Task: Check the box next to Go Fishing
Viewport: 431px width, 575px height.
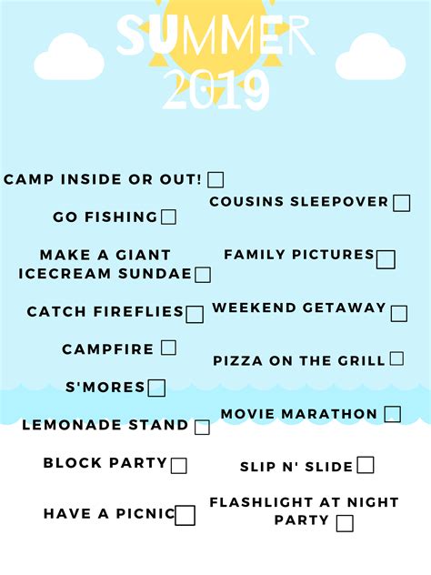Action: (168, 217)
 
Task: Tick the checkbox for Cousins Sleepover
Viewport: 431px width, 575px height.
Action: (401, 203)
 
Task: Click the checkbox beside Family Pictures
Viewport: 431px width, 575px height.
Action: (386, 259)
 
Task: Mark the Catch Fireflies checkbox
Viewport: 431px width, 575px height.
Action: (195, 314)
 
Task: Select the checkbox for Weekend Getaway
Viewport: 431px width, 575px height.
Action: (398, 314)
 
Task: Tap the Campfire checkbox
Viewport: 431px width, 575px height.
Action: (168, 347)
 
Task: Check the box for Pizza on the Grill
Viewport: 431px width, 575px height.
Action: (396, 358)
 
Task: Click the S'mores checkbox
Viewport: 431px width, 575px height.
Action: (156, 388)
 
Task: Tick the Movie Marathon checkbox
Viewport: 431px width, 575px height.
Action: (392, 414)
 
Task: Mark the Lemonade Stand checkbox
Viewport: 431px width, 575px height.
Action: (202, 427)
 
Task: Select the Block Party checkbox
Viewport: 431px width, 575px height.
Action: (179, 465)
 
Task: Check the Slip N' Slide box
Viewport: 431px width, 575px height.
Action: (365, 465)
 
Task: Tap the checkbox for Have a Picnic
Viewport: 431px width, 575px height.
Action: (185, 515)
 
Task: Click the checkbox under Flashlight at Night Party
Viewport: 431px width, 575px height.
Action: (345, 522)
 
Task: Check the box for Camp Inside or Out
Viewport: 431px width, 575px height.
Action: (215, 179)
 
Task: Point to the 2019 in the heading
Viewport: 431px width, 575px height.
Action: (215, 91)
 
